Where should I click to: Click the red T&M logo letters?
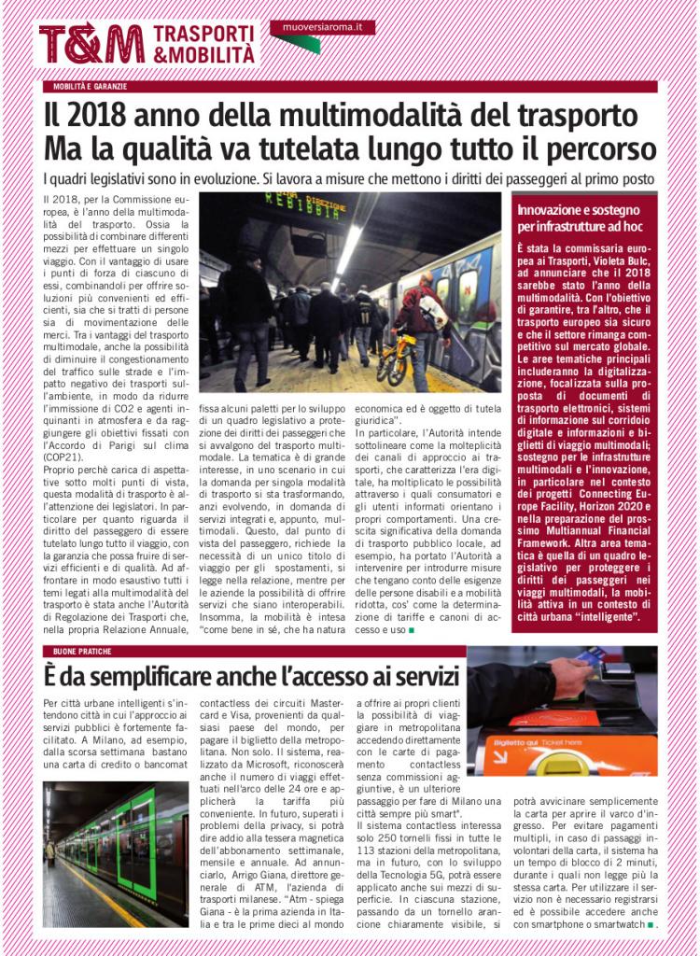91,43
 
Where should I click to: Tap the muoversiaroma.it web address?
323,27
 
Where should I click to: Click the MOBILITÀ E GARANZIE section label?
90,87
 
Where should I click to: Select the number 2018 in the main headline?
100,117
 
